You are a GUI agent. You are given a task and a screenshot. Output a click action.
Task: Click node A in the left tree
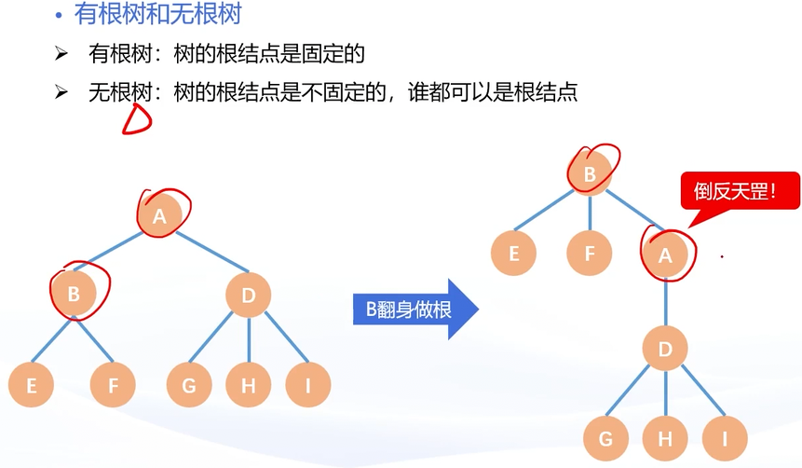[159, 215]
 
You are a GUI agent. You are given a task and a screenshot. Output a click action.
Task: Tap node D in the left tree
[249, 296]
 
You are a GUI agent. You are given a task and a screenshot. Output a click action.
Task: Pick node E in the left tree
[32, 385]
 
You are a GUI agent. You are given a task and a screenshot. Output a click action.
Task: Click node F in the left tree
[114, 385]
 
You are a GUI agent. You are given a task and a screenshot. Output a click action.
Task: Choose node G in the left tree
[189, 385]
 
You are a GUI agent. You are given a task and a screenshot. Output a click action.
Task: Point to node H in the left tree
[248, 385]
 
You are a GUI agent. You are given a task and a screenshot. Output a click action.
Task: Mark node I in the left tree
[308, 385]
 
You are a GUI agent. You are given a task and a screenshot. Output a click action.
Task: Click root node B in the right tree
[589, 173]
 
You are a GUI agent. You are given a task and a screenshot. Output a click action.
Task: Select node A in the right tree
[665, 253]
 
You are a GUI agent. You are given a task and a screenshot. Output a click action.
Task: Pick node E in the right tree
[514, 253]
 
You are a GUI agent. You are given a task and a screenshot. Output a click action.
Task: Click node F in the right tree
[590, 253]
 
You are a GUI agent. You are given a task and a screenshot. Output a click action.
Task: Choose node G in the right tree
[606, 437]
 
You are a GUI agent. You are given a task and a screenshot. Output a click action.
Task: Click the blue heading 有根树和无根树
[159, 15]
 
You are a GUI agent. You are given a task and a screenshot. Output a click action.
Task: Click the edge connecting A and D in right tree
[665, 301]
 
